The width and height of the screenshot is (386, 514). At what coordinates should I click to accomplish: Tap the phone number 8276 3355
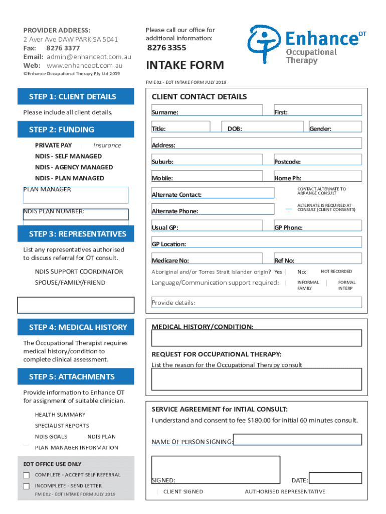point(166,48)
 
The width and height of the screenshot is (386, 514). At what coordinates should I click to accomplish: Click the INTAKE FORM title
point(184,66)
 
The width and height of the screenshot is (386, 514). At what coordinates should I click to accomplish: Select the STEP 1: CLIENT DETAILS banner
point(76,97)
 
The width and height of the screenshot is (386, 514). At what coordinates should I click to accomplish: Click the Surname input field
point(207,110)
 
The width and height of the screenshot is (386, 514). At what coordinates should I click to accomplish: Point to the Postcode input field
point(317,160)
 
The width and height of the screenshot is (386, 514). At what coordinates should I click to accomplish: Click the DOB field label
point(235,129)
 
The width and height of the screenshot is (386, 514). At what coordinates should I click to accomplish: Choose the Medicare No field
point(207,258)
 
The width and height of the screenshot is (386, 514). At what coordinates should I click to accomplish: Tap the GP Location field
point(256,242)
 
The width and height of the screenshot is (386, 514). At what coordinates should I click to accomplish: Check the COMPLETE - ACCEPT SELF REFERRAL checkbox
point(26,475)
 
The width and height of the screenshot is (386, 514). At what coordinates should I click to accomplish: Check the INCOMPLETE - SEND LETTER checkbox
point(26,486)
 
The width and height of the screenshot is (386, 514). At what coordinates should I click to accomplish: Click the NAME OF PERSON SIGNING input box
point(297,440)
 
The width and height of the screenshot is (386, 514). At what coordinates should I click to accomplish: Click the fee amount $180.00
point(259,420)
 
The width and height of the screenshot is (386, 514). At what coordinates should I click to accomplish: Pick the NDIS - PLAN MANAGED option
point(69,178)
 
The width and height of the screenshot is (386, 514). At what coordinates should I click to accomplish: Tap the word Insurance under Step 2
point(107,146)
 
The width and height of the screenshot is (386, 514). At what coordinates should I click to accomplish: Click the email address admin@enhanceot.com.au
point(89,57)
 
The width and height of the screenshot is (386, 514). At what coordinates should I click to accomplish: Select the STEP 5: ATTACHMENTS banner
point(76,376)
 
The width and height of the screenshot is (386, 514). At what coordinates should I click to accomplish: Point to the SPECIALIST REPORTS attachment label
point(62,426)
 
